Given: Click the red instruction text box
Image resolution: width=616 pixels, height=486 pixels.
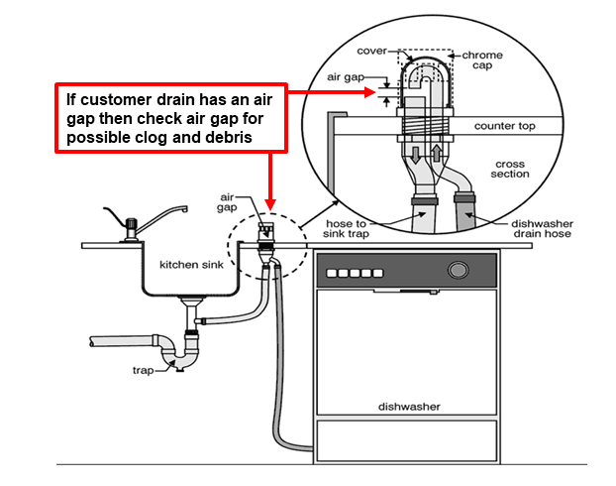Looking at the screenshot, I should point(171,117).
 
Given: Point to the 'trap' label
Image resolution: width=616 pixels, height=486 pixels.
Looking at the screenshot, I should point(145,369).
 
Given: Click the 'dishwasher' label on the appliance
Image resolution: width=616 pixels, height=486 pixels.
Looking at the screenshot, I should point(408,407).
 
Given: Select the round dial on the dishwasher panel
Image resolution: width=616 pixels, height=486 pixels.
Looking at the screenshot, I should point(458,270).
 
